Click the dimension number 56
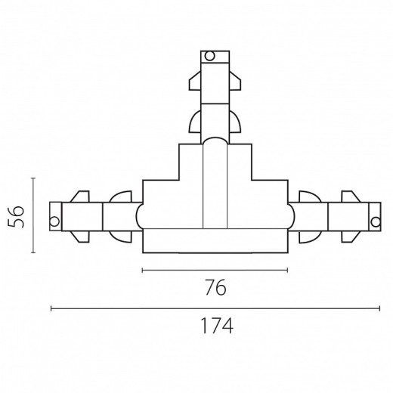(16, 217)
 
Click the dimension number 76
(215, 287)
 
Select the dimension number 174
(216, 326)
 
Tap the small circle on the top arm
(209, 56)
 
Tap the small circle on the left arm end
(54, 221)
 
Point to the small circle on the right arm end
(376, 222)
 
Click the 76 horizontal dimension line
(215, 271)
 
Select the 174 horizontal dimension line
(215, 308)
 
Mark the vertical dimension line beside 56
(33, 215)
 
